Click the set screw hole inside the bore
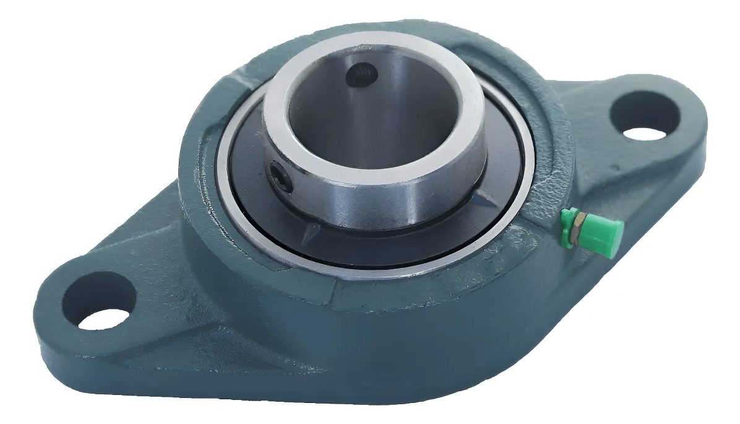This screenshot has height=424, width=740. click(x=362, y=76)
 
